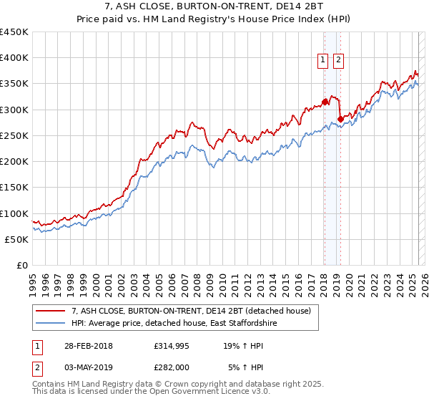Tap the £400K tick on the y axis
click(14, 58)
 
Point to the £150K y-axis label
click(14, 187)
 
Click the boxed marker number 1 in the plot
click(323, 61)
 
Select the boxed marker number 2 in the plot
click(338, 61)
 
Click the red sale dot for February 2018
click(324, 102)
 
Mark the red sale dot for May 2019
click(340, 119)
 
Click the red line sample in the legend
click(51, 311)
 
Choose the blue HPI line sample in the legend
click(51, 324)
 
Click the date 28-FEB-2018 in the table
click(88, 345)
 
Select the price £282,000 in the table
click(172, 367)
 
